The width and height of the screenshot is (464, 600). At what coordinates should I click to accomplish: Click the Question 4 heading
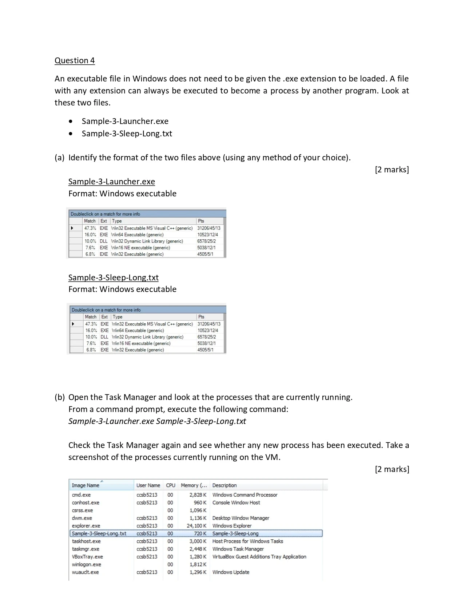coord(75,60)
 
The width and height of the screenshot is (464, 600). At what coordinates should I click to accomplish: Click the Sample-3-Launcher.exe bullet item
coord(125,121)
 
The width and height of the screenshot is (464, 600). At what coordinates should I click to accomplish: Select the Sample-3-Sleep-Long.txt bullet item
coord(127,133)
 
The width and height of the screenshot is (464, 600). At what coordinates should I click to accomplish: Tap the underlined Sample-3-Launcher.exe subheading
coord(111,181)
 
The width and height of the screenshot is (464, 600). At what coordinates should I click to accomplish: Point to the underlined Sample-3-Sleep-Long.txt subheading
coord(113,277)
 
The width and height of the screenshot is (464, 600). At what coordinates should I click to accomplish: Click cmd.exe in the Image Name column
coord(81,495)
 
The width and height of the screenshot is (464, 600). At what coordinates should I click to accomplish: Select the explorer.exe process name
coord(86,526)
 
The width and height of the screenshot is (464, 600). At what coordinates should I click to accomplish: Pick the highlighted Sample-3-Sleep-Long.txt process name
coord(99,533)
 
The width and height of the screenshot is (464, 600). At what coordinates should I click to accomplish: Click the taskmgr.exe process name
coord(86,549)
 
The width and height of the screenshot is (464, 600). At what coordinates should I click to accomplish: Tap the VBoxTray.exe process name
coord(87,557)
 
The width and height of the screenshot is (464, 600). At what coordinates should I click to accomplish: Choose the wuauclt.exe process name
coord(85,572)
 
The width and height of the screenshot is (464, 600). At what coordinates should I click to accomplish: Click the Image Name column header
coord(86,485)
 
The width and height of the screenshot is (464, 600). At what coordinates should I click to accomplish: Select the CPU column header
coord(170,485)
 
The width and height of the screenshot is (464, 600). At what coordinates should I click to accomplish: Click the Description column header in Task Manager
coord(224,485)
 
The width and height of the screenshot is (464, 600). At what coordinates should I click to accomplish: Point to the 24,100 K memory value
coord(197,526)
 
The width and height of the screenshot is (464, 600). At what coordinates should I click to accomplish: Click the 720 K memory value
coord(200,533)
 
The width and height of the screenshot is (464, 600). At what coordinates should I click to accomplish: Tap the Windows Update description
coord(231,572)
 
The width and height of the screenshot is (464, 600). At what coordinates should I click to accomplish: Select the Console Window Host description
coord(236,503)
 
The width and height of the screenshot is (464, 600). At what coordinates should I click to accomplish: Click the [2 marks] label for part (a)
coord(392,169)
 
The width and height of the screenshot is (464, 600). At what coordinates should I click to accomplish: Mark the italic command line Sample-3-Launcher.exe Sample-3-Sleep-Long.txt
coord(157,421)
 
